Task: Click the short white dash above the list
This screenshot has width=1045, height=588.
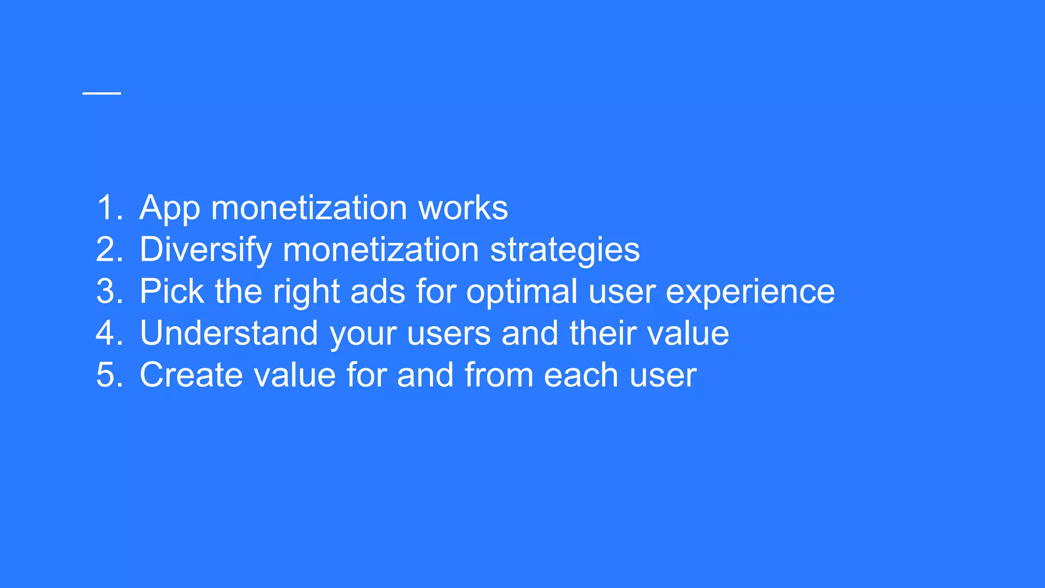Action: [x=102, y=93]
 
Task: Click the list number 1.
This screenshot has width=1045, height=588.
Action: [x=109, y=208]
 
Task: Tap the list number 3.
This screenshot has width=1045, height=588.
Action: [x=109, y=291]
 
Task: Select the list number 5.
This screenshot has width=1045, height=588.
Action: [x=109, y=375]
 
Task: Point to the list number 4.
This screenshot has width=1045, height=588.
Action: [x=109, y=333]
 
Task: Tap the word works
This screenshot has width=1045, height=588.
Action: [x=463, y=208]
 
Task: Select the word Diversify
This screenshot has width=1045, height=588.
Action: [x=206, y=250]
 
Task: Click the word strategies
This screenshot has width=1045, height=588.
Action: [x=564, y=250]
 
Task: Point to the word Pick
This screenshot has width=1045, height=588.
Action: [x=171, y=291]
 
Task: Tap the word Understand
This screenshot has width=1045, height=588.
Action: [x=229, y=333]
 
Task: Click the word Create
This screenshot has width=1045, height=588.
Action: [x=187, y=375]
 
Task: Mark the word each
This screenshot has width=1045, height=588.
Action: [x=581, y=375]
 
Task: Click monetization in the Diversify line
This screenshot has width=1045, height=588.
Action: [x=380, y=250]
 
